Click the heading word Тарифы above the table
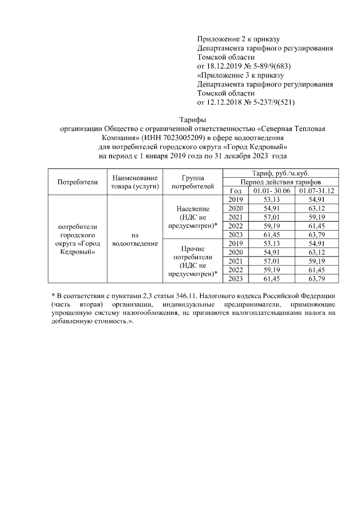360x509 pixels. pyautogui.click(x=192, y=120)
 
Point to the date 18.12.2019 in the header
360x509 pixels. pyautogui.click(x=226, y=66)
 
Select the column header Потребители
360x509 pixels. pyautogui.click(x=78, y=181)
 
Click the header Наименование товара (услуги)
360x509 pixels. pyautogui.click(x=135, y=181)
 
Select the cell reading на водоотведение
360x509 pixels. pyautogui.click(x=135, y=239)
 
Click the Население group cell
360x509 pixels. pyautogui.click(x=193, y=217)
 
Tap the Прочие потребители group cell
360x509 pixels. pyautogui.click(x=193, y=261)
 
